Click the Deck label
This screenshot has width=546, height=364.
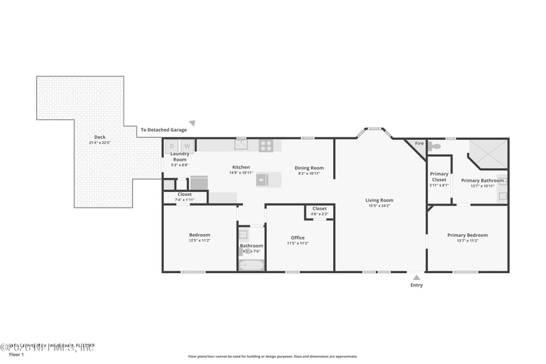coord(100,137)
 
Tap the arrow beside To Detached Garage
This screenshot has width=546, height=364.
coord(192,124)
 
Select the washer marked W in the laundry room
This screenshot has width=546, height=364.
coord(187,145)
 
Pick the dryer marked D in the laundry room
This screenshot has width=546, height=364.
coord(172,145)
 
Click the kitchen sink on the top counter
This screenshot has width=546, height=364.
coord(241,145)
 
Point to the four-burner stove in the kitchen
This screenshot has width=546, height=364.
coord(266,145)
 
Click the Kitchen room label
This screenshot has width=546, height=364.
coord(241,167)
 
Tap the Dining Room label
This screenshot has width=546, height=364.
coord(309,168)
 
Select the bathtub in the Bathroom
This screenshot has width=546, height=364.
coord(250,265)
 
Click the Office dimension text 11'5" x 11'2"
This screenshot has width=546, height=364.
coord(298,243)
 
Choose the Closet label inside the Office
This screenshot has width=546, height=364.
coord(319,209)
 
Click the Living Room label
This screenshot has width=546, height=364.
coord(379,200)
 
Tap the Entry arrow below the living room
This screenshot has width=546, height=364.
coord(416,277)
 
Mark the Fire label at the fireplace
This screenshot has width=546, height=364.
coord(419,144)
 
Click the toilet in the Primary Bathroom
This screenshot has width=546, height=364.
coord(435,145)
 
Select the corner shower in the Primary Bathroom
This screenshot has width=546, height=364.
coord(489,153)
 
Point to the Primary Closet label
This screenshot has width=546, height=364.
coord(440,177)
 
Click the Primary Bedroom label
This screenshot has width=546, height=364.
coord(468,235)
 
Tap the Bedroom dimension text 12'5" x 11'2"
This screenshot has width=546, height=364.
coord(199,240)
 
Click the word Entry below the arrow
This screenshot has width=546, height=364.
coord(416,285)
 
